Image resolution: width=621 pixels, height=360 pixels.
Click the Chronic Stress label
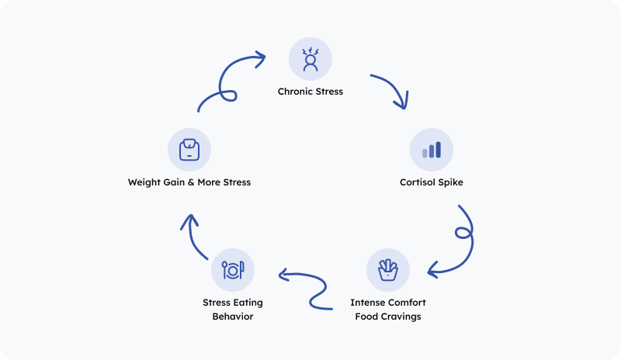310,92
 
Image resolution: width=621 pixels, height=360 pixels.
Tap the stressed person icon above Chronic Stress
310,60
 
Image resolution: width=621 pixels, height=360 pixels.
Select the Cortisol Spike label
431,183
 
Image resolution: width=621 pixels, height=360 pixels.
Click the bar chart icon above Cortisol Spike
431,150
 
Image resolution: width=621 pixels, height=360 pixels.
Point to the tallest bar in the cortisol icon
438,149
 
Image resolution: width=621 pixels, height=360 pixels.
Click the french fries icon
387,269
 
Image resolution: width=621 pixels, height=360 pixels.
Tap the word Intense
366,303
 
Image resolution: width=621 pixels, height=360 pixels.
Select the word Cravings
404,317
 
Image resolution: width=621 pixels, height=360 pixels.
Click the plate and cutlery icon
233,270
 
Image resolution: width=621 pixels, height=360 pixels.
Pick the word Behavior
233,317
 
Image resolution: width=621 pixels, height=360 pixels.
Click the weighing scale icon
189,150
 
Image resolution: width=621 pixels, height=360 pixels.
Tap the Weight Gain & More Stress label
189,183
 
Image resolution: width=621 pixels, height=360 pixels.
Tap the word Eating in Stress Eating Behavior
248,303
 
